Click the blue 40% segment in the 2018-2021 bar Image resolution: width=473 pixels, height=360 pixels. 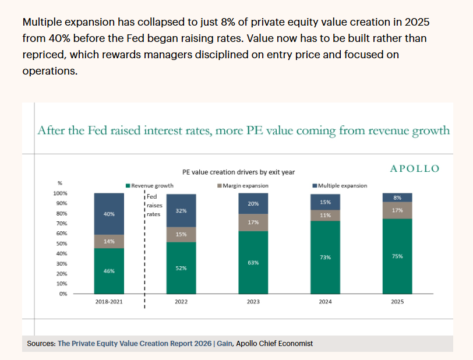tap(109, 214)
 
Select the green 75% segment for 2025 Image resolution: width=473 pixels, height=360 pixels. tap(397, 256)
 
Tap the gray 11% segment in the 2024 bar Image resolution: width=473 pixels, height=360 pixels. tap(325, 216)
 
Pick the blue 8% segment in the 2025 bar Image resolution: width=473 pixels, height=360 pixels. tap(397, 197)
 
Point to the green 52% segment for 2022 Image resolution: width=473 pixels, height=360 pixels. tap(181, 268)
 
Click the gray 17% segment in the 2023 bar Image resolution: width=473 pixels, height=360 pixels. tap(253, 223)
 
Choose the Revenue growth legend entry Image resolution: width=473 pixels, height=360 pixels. tap(150, 186)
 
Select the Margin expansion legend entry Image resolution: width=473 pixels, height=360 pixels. tap(243, 186)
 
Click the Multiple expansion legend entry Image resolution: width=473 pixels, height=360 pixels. tap(340, 186)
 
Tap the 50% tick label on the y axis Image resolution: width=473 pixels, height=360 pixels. tap(62, 243)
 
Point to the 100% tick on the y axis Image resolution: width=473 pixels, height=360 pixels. tap(60, 193)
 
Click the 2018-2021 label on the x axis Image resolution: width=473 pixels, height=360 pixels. tap(109, 302)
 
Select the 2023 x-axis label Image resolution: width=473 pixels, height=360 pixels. tap(253, 302)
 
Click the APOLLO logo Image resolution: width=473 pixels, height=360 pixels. tap(415, 168)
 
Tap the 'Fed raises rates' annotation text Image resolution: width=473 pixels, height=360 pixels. tap(154, 205)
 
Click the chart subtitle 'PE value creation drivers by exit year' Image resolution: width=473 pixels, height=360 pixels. tap(238, 172)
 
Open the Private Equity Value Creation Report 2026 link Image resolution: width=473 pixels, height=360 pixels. tap(135, 344)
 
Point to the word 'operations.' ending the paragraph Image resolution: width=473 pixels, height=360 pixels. tap(50, 71)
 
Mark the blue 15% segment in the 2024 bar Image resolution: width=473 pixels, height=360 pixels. tap(325, 202)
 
